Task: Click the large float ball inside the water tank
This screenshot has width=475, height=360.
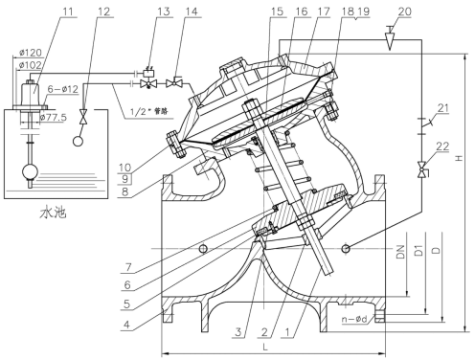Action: coord(33,174)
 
